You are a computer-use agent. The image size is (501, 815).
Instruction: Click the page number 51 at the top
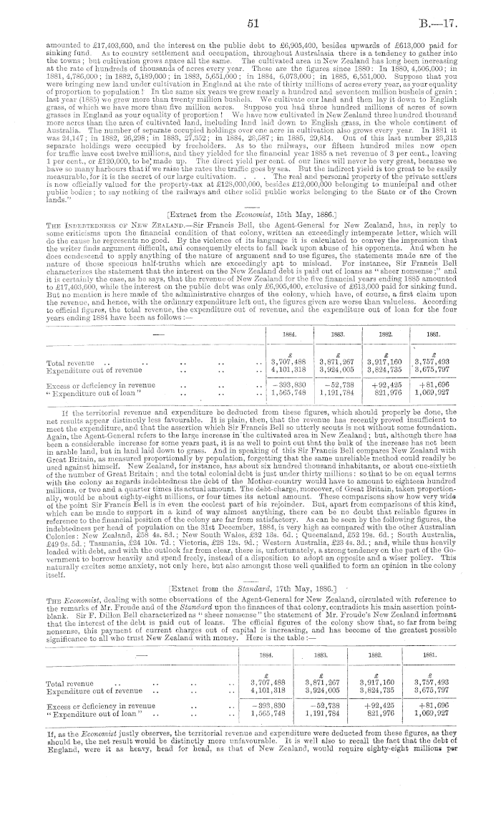point(251,24)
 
